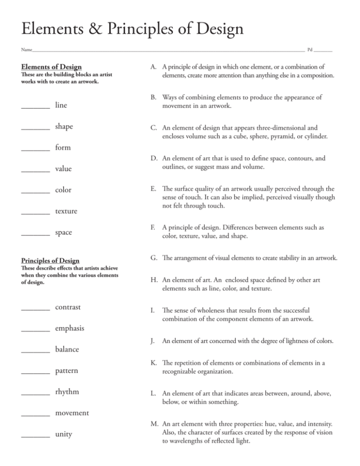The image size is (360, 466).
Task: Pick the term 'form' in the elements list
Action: [63, 148]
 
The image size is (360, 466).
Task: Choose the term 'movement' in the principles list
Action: [72, 413]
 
